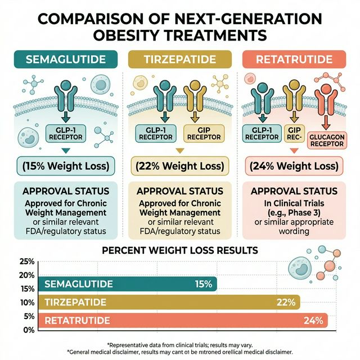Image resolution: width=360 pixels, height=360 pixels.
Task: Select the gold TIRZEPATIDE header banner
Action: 180,60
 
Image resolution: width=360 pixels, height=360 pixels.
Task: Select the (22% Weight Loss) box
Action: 179,166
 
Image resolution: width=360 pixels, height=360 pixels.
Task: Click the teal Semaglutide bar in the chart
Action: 127,284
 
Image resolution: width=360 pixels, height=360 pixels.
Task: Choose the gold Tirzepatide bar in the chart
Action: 168,303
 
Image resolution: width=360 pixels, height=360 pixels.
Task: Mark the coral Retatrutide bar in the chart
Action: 183,321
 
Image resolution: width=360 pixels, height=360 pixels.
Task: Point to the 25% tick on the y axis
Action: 26,262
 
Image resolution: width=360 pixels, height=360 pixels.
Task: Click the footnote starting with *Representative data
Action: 179,344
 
